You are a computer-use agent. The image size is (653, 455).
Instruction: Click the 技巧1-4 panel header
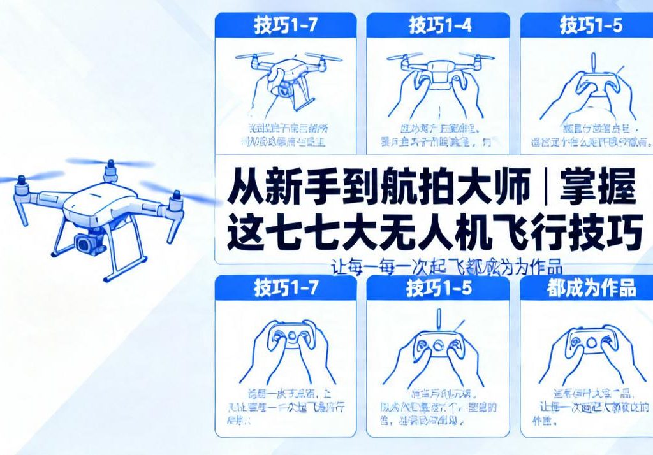[438, 26]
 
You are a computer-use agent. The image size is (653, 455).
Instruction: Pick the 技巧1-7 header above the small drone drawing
[285, 26]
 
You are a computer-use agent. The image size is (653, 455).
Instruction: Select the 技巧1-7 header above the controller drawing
[285, 288]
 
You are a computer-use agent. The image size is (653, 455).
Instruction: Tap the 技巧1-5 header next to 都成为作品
[438, 288]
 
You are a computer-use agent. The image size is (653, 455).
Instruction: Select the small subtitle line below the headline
[446, 268]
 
